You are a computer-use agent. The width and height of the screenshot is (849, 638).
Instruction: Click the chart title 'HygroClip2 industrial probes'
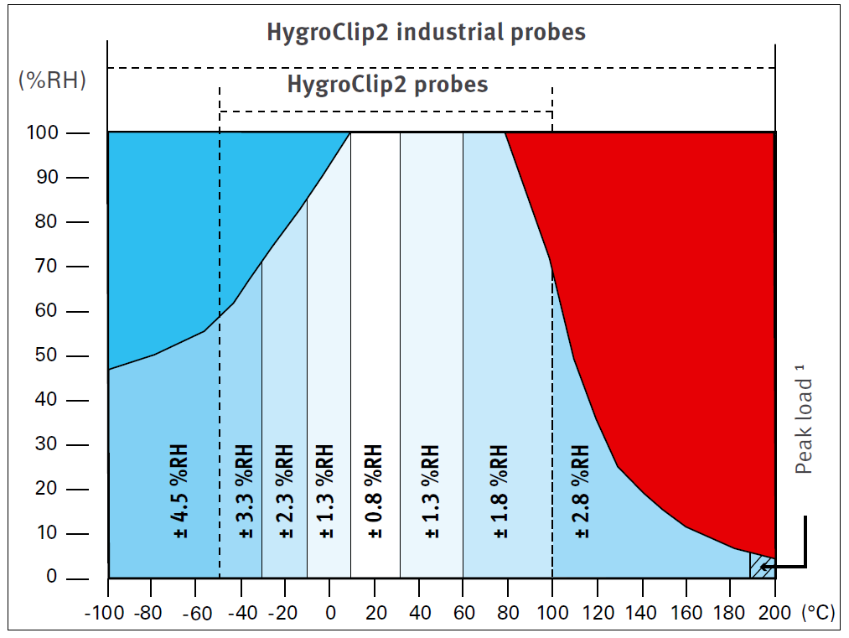pos(426,33)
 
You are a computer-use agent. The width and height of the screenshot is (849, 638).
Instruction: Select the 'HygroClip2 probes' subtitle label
pos(387,85)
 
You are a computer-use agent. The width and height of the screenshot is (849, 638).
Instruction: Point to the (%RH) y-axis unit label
pos(53,80)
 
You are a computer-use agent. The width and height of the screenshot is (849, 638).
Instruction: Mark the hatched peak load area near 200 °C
pos(762,566)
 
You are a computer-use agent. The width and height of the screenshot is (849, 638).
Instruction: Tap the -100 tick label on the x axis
pos(105,613)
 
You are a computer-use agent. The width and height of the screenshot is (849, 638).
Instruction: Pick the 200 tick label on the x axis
pos(774,613)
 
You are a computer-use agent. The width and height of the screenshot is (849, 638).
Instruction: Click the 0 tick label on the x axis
pos(330,613)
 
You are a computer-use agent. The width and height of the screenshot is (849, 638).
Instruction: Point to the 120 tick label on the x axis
pos(597,613)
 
